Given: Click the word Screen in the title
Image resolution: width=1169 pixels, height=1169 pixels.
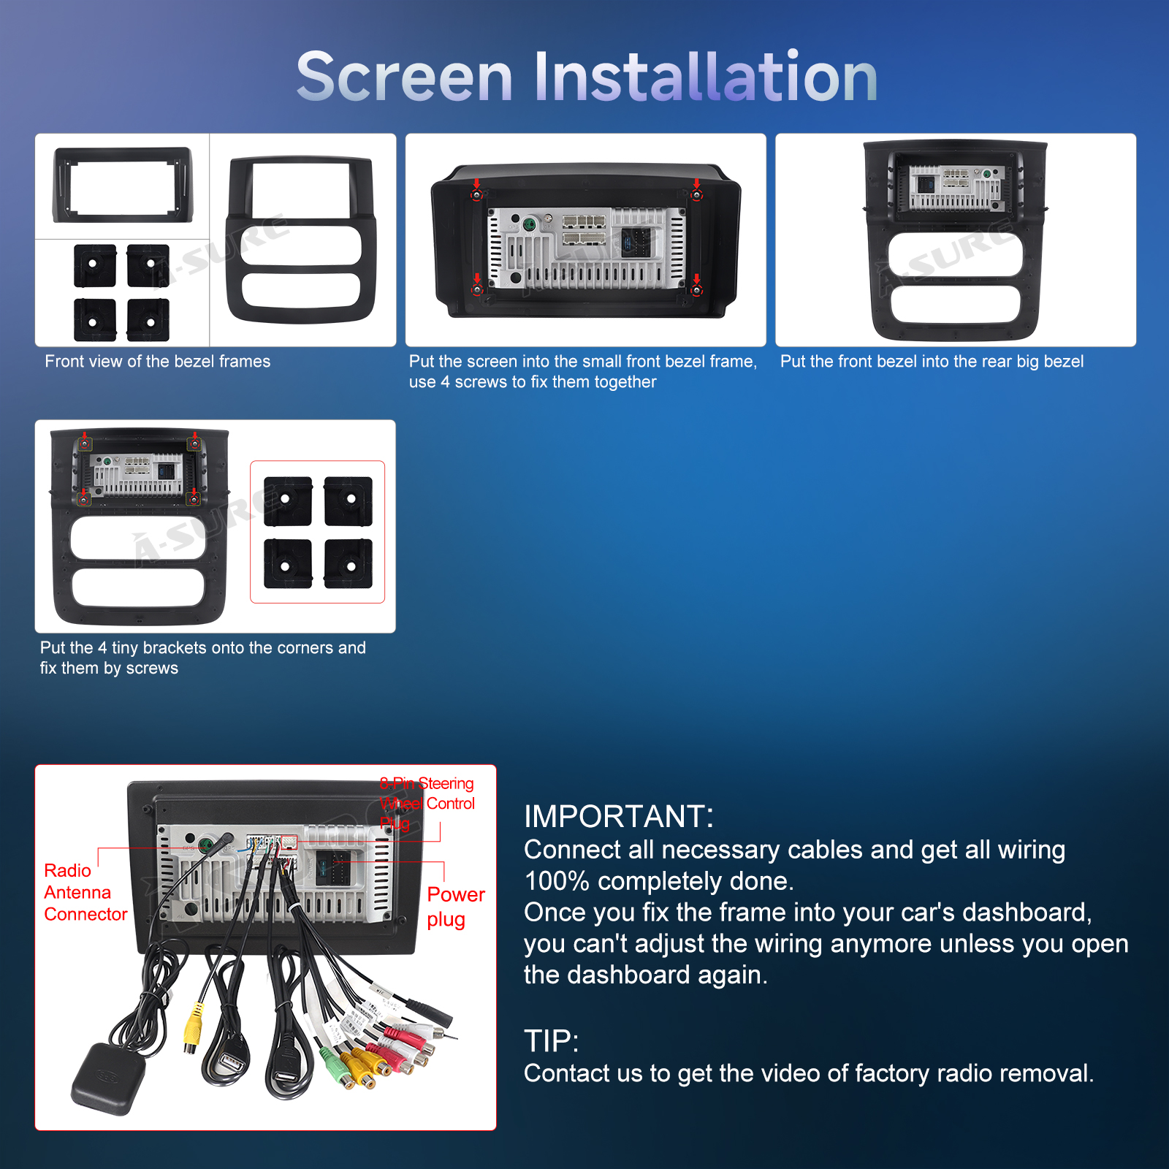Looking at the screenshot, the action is [405, 77].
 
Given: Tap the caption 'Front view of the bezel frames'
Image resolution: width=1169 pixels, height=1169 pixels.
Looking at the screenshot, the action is [158, 361].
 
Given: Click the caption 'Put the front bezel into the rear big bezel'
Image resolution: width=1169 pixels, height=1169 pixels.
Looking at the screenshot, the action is [932, 361].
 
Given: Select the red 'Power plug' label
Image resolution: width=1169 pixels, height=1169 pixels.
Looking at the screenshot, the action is [456, 907].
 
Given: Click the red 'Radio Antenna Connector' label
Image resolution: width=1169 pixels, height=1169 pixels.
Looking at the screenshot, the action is [85, 892].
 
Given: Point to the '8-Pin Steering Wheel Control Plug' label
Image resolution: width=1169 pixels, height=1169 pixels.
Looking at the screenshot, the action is [427, 803].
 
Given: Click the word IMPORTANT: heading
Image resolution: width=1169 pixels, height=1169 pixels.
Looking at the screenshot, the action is [619, 816].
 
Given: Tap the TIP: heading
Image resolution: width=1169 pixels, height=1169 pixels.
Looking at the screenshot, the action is [552, 1041].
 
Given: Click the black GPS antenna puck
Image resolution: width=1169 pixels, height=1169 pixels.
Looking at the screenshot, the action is [107, 1078].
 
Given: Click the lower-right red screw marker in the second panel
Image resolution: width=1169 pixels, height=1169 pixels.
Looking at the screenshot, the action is [696, 291].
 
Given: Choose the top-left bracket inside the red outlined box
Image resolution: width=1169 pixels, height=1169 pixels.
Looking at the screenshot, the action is [288, 501].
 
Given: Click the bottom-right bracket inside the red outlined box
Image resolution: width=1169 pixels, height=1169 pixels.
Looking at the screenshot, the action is [349, 564].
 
